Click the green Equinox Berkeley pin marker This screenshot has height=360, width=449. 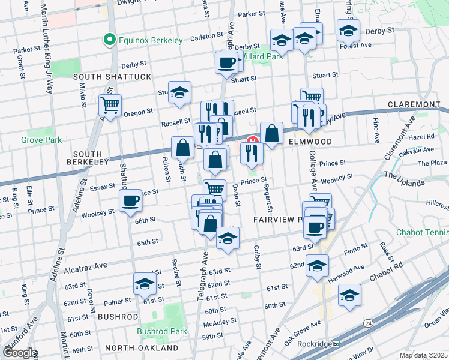coord(109,40)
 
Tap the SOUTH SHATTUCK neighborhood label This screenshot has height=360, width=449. coord(112,77)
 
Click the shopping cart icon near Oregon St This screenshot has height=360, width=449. coord(110,106)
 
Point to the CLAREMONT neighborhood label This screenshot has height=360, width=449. coord(414,104)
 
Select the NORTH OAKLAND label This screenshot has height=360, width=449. coord(141,348)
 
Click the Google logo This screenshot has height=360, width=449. coord(19,353)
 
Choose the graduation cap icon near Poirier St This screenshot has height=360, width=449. coord(145,285)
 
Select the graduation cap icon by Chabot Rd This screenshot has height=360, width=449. coord(349,295)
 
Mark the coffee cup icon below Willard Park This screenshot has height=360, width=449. coord(227,62)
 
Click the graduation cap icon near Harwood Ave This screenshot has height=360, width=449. coord(316,265)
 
